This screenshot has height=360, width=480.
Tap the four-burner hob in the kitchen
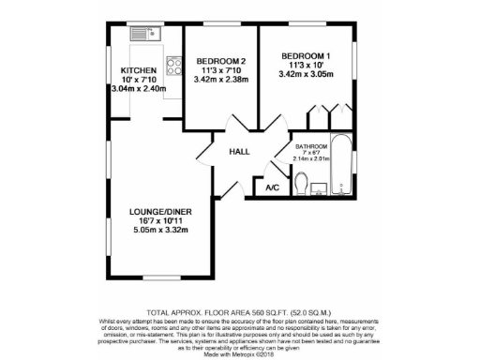173,66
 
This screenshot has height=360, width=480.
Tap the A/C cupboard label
273,188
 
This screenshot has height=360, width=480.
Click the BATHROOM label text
311,148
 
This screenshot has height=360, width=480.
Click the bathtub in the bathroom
341,166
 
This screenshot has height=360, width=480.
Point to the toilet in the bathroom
300,188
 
